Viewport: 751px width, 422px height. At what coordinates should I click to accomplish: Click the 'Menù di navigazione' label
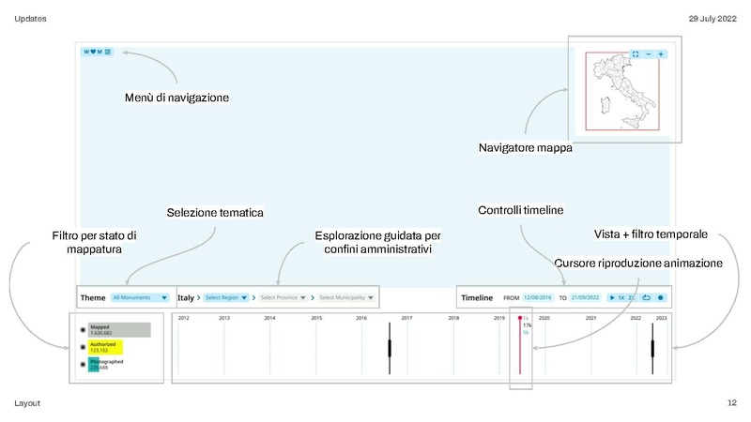pos(176,98)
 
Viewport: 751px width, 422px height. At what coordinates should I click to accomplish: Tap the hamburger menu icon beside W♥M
pos(108,53)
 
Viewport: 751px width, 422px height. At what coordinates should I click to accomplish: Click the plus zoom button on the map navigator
pos(661,54)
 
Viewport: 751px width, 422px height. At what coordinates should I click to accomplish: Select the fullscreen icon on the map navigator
pos(636,54)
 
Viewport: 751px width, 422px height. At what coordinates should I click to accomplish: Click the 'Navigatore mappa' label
pos(525,148)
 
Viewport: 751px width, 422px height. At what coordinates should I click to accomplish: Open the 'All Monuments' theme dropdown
pos(140,297)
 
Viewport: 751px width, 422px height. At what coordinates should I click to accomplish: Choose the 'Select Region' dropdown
pos(226,297)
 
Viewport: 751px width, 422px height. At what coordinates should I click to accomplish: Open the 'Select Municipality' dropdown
pos(346,297)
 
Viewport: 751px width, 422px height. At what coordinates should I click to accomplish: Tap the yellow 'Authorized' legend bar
pos(105,347)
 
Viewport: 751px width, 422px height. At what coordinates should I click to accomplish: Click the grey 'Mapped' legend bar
pos(118,330)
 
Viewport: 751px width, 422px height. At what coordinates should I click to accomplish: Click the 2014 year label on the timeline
pos(269,319)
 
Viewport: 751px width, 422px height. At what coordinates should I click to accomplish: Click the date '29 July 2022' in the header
pos(713,19)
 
